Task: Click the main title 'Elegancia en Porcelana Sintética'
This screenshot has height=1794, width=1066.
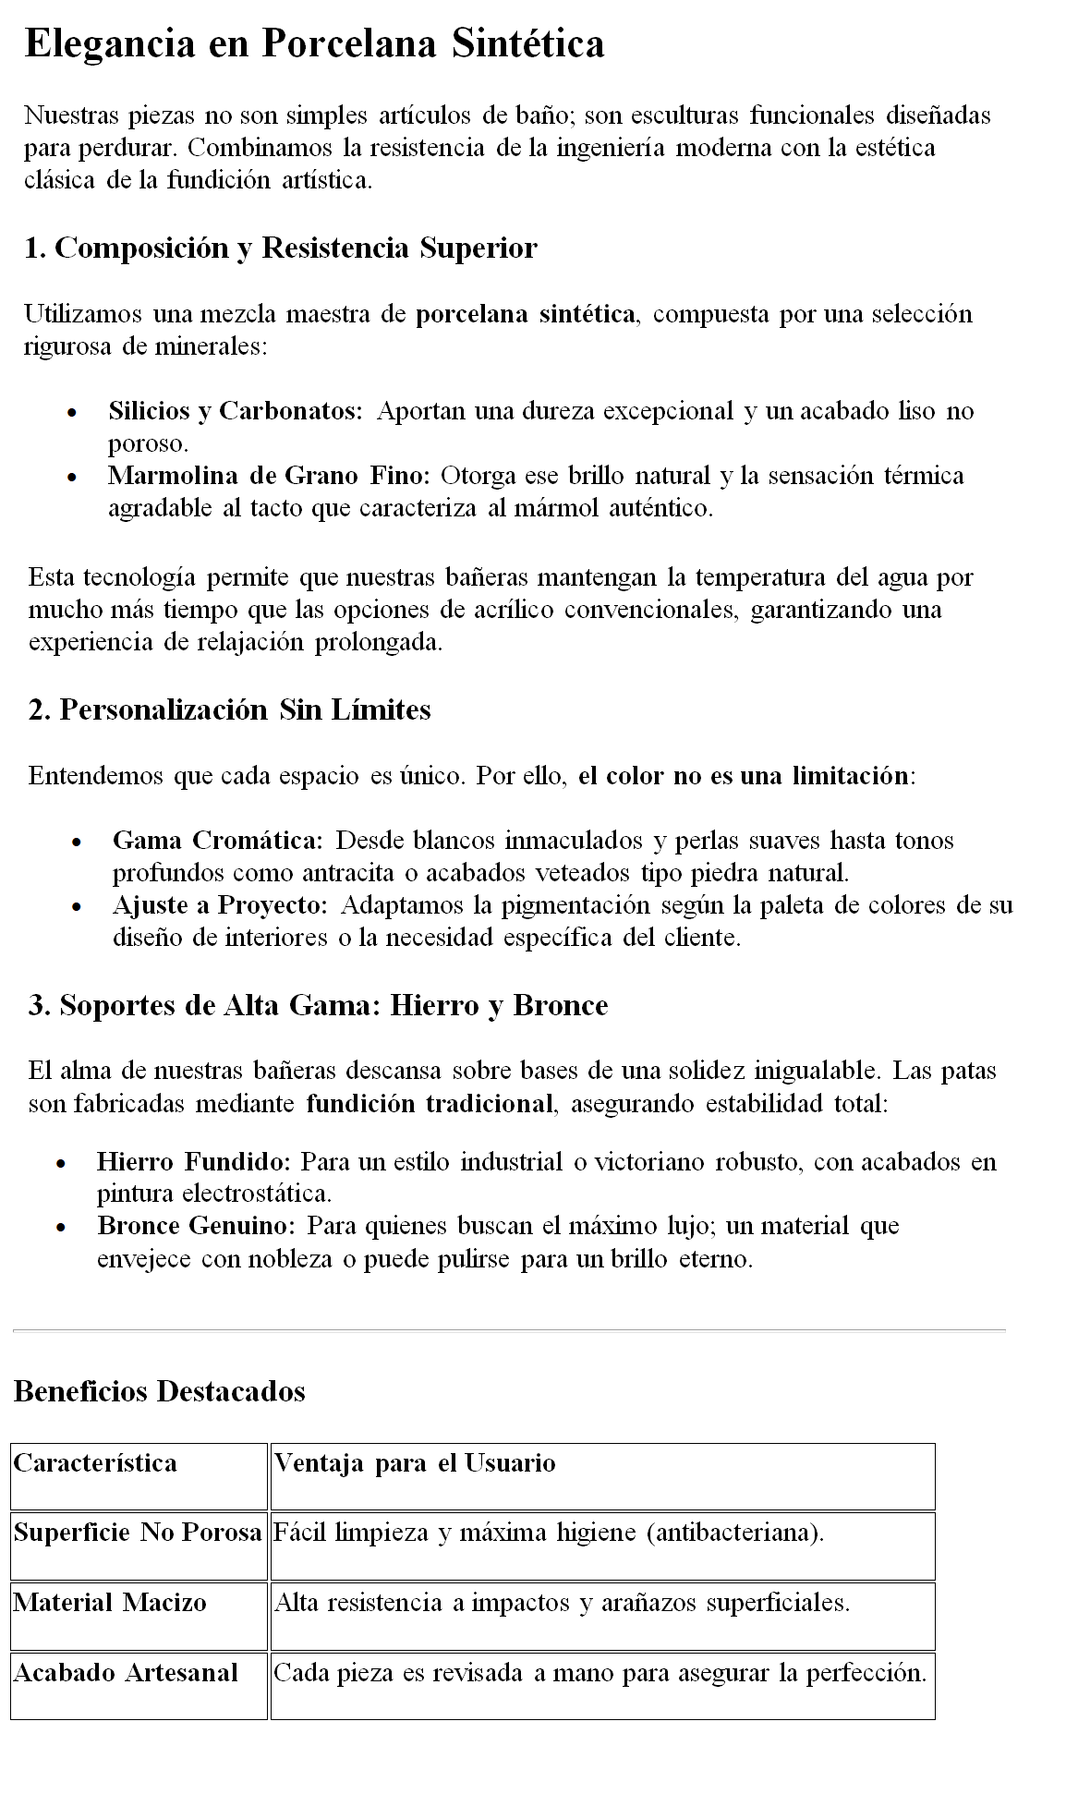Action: tap(314, 43)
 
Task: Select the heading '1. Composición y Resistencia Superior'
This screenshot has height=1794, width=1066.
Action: tap(281, 248)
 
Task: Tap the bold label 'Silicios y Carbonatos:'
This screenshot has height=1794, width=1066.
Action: tap(236, 410)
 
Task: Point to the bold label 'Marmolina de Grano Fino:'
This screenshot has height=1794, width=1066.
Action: tap(269, 475)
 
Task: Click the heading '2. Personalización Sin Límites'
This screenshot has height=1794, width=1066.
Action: tap(230, 709)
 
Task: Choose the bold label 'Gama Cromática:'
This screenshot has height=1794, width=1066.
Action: tap(217, 840)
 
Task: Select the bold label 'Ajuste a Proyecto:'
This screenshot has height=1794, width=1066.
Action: tap(220, 904)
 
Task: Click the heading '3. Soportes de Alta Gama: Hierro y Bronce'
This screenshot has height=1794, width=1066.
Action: tap(319, 1005)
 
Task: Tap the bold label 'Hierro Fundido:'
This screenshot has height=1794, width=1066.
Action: tap(194, 1161)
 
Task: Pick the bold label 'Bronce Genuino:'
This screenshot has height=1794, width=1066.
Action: tap(196, 1225)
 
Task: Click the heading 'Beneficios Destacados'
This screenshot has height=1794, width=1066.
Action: tap(160, 1390)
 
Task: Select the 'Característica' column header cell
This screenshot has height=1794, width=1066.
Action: tap(95, 1463)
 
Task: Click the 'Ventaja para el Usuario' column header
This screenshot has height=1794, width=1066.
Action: tap(415, 1463)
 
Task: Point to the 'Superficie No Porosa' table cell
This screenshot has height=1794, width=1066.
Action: tap(138, 1533)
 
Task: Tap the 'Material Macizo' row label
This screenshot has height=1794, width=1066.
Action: tap(110, 1602)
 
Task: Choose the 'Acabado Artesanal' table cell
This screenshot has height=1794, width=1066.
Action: tap(126, 1672)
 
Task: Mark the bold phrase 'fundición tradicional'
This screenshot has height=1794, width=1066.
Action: tap(430, 1103)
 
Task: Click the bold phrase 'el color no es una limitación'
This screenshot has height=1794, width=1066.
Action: tap(744, 775)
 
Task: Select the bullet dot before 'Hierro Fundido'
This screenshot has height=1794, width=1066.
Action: tap(62, 1163)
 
